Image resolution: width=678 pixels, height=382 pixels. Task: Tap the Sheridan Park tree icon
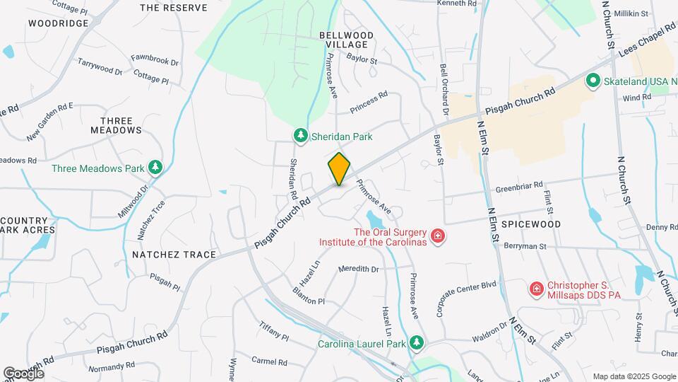tap(300, 136)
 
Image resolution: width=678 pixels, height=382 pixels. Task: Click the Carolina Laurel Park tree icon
tap(417, 343)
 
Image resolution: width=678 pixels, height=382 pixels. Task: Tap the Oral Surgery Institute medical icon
tap(438, 236)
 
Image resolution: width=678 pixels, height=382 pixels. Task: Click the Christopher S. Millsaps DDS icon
tap(537, 289)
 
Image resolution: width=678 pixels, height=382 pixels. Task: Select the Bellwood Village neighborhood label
tap(347, 39)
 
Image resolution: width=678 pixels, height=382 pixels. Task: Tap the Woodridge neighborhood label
tap(59, 23)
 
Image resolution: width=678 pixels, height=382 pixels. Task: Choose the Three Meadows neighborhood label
tap(117, 125)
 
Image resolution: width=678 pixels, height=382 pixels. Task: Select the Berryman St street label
tap(525, 245)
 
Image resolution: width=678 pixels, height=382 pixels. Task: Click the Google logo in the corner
tap(24, 373)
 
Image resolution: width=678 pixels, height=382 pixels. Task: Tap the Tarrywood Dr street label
tap(100, 65)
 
